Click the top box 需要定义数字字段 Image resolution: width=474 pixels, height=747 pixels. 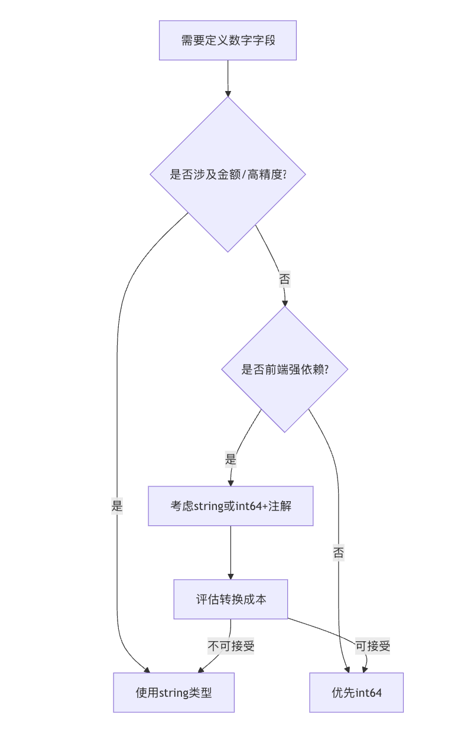pos(228,40)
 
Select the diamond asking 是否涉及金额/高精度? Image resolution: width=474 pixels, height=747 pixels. pos(228,174)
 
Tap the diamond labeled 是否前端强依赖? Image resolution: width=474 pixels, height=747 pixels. pos(284,369)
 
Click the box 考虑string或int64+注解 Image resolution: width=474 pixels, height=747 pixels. pos(230,506)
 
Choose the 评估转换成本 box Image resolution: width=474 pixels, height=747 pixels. pos(230,599)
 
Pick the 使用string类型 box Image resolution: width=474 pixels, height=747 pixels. pos(174,693)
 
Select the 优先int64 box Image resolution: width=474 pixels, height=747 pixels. pos(356,693)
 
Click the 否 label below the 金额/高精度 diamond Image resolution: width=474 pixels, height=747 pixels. pos(284,279)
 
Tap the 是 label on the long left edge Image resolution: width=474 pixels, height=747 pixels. pos(117,506)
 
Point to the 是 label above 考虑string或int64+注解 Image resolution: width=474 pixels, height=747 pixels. pos(230,459)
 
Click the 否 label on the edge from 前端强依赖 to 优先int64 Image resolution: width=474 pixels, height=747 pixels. pos(338,553)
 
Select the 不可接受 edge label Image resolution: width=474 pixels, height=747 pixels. pos(230,646)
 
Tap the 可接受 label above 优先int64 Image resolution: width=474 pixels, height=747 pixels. pos(372,646)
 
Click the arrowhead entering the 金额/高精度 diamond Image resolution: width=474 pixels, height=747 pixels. pos(228,93)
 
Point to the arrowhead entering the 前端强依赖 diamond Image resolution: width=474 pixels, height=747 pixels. pos(284,303)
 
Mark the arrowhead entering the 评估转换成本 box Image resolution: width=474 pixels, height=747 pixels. pos(230,576)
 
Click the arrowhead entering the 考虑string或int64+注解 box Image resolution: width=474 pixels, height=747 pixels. pos(230,483)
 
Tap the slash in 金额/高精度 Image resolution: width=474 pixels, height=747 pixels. pos(244,175)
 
